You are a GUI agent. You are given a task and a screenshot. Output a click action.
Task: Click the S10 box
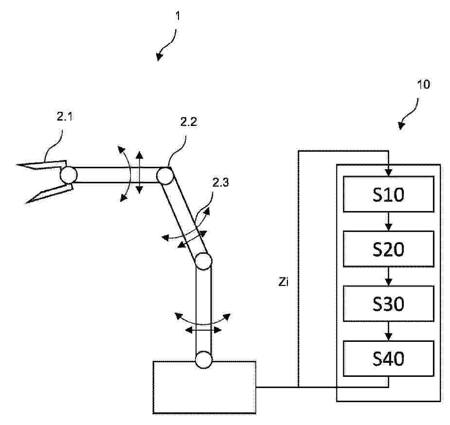click(388, 194)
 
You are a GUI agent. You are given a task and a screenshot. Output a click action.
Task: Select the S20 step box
click(388, 249)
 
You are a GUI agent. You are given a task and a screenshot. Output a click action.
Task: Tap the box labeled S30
click(388, 304)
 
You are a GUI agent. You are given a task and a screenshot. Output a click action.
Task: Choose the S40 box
click(388, 359)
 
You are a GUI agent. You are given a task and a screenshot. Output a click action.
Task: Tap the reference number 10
click(423, 84)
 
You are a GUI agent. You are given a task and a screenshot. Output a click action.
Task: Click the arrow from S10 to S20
click(388, 221)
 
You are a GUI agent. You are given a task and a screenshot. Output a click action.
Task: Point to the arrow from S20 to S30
click(388, 276)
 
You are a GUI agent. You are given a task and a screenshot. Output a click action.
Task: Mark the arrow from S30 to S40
click(388, 331)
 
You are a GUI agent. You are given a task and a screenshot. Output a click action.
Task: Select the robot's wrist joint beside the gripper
click(68, 175)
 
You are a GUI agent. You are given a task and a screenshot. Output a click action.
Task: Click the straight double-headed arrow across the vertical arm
click(204, 330)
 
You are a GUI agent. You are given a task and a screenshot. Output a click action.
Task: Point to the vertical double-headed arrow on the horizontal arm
click(139, 173)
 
